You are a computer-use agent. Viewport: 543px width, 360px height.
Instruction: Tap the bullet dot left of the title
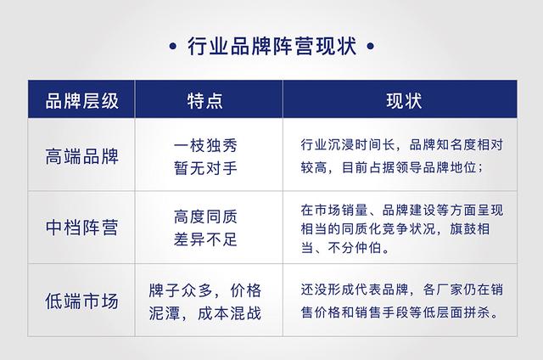pos(173,46)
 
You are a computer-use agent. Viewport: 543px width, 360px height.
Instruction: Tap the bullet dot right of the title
pos(370,46)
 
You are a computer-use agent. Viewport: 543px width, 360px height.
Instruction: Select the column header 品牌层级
pos(82,102)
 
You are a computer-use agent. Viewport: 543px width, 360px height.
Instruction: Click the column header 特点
pos(204,102)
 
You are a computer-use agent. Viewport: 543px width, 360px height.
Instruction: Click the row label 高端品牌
pos(82,156)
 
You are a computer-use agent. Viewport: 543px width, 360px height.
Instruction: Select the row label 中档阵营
pos(82,228)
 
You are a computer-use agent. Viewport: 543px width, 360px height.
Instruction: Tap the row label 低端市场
pos(82,301)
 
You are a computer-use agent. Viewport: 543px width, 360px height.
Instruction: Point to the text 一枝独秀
pos(204,145)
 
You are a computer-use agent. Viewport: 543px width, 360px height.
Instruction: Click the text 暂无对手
pos(204,168)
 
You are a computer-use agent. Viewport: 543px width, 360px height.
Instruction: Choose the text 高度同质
pos(204,217)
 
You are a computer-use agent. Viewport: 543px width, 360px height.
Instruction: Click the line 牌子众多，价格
pos(204,289)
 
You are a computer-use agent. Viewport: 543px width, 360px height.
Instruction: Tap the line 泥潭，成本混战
pos(204,312)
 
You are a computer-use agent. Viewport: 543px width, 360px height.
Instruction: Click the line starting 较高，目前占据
pos(391,167)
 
